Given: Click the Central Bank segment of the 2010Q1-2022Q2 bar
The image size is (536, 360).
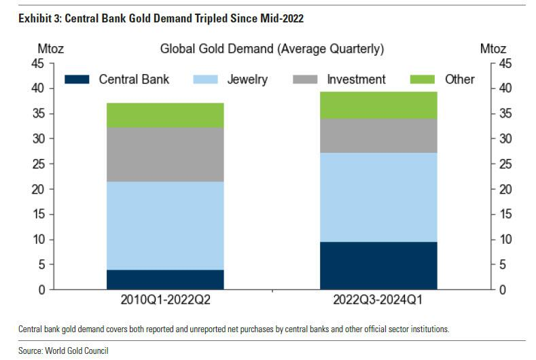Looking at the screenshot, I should [164, 279].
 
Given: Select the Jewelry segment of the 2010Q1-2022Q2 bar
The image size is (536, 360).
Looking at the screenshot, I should [164, 226].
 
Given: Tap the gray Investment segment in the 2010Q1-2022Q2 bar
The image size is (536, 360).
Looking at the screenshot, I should [164, 154].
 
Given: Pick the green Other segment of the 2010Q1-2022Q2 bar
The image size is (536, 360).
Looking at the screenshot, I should [164, 115].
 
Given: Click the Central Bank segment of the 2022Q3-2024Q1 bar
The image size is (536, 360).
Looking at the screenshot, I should [378, 266].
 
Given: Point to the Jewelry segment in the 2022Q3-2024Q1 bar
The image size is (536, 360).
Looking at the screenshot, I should [378, 197].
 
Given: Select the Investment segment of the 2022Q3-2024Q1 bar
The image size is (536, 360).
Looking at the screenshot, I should [378, 136].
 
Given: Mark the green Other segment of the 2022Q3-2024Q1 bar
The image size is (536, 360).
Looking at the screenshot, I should [378, 105].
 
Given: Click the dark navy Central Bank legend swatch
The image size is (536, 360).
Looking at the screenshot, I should [77, 79].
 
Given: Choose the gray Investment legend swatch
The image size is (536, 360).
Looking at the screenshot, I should [305, 79].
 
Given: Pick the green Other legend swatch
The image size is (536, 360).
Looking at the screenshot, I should [423, 79].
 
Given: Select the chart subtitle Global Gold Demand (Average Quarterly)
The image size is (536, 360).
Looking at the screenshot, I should [272, 49].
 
